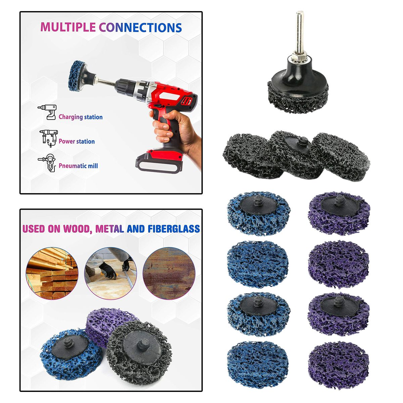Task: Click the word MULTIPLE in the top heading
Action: click(68, 27)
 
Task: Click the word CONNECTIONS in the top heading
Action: click(140, 28)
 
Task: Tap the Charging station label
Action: click(81, 117)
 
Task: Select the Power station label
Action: click(77, 141)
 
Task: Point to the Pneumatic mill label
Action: click(78, 166)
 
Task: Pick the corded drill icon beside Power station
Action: click(49, 138)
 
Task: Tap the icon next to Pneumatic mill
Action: click(48, 163)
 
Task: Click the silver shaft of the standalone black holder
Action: click(300, 34)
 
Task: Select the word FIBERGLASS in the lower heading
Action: click(174, 229)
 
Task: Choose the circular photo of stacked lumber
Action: click(52, 273)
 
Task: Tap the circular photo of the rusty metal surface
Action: click(169, 273)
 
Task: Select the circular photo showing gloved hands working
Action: click(110, 273)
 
